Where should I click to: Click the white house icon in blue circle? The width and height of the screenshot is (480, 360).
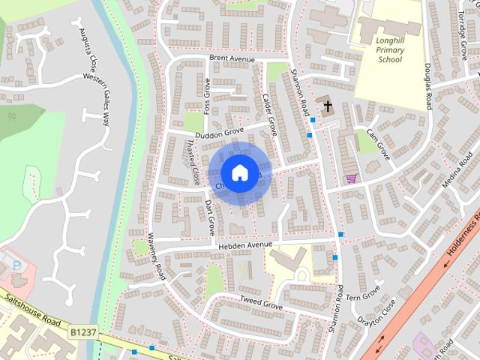[x=239, y=172]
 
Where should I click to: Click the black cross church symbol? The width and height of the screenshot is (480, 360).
[x=327, y=105]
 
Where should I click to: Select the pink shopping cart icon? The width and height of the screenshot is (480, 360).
[x=351, y=178]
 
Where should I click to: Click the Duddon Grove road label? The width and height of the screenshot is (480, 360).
[x=220, y=132]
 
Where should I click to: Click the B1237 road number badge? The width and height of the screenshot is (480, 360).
[x=85, y=330]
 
